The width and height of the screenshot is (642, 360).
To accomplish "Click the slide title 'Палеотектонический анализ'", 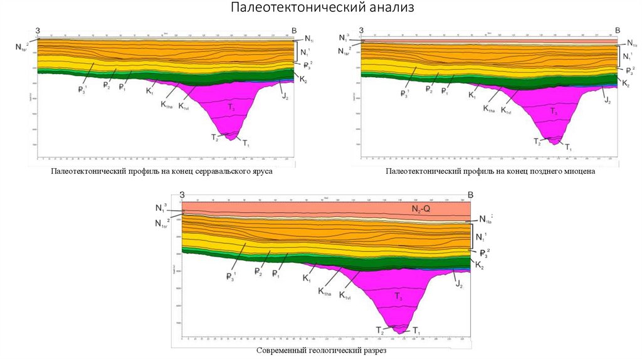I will pyautogui.click(x=321, y=9).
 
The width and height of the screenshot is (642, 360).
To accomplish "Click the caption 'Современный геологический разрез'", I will pyautogui.click(x=321, y=351).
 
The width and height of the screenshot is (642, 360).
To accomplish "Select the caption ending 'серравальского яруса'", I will pyautogui.click(x=163, y=171).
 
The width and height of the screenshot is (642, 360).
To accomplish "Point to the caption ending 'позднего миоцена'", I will pyautogui.click(x=490, y=171).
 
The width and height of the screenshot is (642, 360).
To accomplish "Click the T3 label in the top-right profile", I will pyautogui.click(x=554, y=111).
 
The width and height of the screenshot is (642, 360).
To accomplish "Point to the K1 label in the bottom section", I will pyautogui.click(x=307, y=278).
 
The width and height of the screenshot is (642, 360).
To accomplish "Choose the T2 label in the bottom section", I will pyautogui.click(x=379, y=330).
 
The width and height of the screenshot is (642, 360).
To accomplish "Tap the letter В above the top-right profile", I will pyautogui.click(x=617, y=30).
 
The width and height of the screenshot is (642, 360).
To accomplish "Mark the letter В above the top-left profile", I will pyautogui.click(x=294, y=30).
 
